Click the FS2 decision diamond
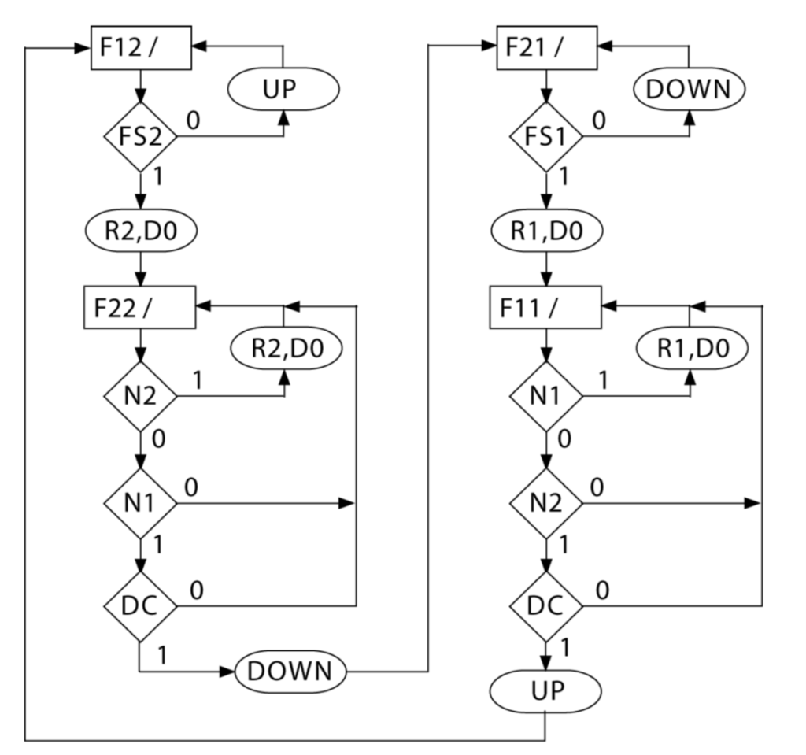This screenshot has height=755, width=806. pos(140,136)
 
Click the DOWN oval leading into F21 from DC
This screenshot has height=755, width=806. pos(291,672)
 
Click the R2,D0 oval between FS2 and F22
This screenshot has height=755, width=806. pos(140,232)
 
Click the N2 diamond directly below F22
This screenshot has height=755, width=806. pos(140,396)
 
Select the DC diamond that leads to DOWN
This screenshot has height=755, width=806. pos(140,607)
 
